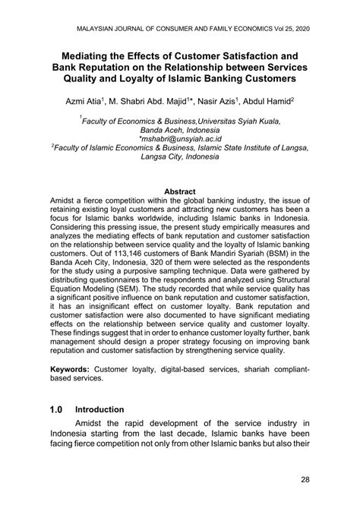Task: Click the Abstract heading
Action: (179, 192)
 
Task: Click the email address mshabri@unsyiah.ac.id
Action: (180, 140)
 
